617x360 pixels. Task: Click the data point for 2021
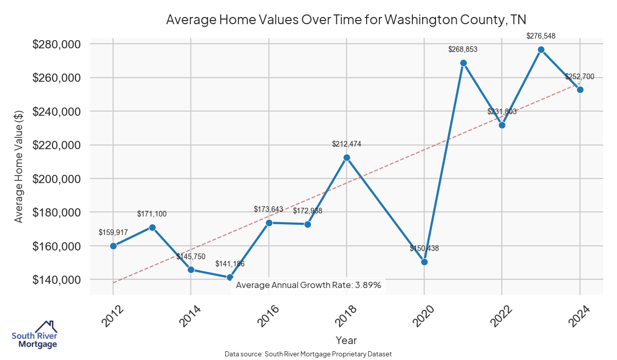463,63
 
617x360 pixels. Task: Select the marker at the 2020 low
424,262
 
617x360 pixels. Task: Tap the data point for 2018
347,157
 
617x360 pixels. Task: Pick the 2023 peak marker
541,50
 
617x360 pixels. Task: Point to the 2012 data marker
113,246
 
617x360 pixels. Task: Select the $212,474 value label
347,144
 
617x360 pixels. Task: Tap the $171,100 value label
152,214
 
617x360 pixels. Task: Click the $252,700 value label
579,77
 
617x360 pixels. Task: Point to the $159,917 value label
113,232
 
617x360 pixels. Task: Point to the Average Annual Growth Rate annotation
308,285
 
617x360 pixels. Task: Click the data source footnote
308,354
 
